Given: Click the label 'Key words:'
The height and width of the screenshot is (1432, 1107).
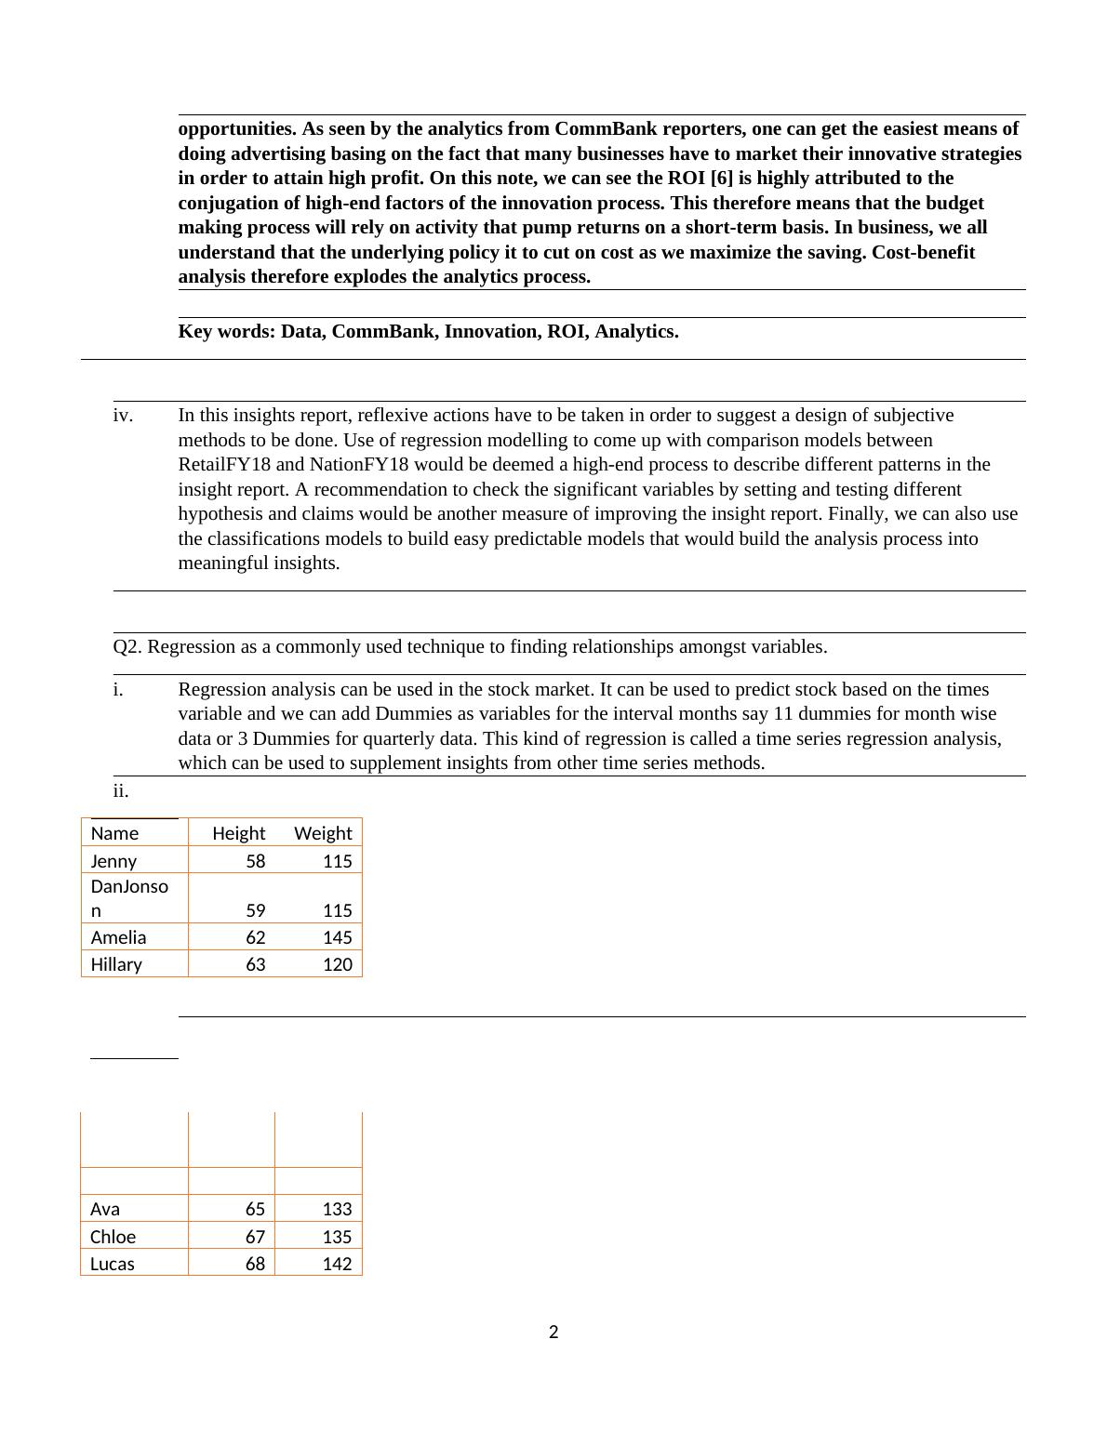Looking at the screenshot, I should (x=227, y=332).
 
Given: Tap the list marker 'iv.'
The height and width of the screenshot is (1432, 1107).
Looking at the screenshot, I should (x=123, y=415).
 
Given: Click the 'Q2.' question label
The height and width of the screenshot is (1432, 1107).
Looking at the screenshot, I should (x=127, y=646).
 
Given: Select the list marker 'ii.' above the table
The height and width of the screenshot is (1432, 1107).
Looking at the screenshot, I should (x=121, y=791).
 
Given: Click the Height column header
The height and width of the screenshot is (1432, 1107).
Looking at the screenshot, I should (x=238, y=833).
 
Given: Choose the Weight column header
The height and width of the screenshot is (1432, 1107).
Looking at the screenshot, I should (x=323, y=833).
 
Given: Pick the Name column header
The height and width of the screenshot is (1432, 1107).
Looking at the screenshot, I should (x=114, y=833).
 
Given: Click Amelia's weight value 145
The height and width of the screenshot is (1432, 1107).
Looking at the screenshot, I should (x=338, y=937).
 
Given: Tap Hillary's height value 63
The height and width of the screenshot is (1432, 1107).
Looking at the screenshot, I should (x=255, y=964).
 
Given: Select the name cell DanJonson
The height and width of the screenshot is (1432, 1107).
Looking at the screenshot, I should (x=129, y=898).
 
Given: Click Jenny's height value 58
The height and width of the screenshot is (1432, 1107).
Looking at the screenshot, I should (x=255, y=861).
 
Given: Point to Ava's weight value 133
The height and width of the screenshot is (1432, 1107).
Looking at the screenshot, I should (x=337, y=1209).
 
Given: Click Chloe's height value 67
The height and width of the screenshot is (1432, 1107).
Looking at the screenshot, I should (x=255, y=1237).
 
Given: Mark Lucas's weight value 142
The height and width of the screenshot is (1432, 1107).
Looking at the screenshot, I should (x=337, y=1264).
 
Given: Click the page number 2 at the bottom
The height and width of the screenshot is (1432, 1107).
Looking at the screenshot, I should (x=553, y=1333).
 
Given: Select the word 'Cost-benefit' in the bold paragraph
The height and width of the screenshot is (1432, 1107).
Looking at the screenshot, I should (x=923, y=252).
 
